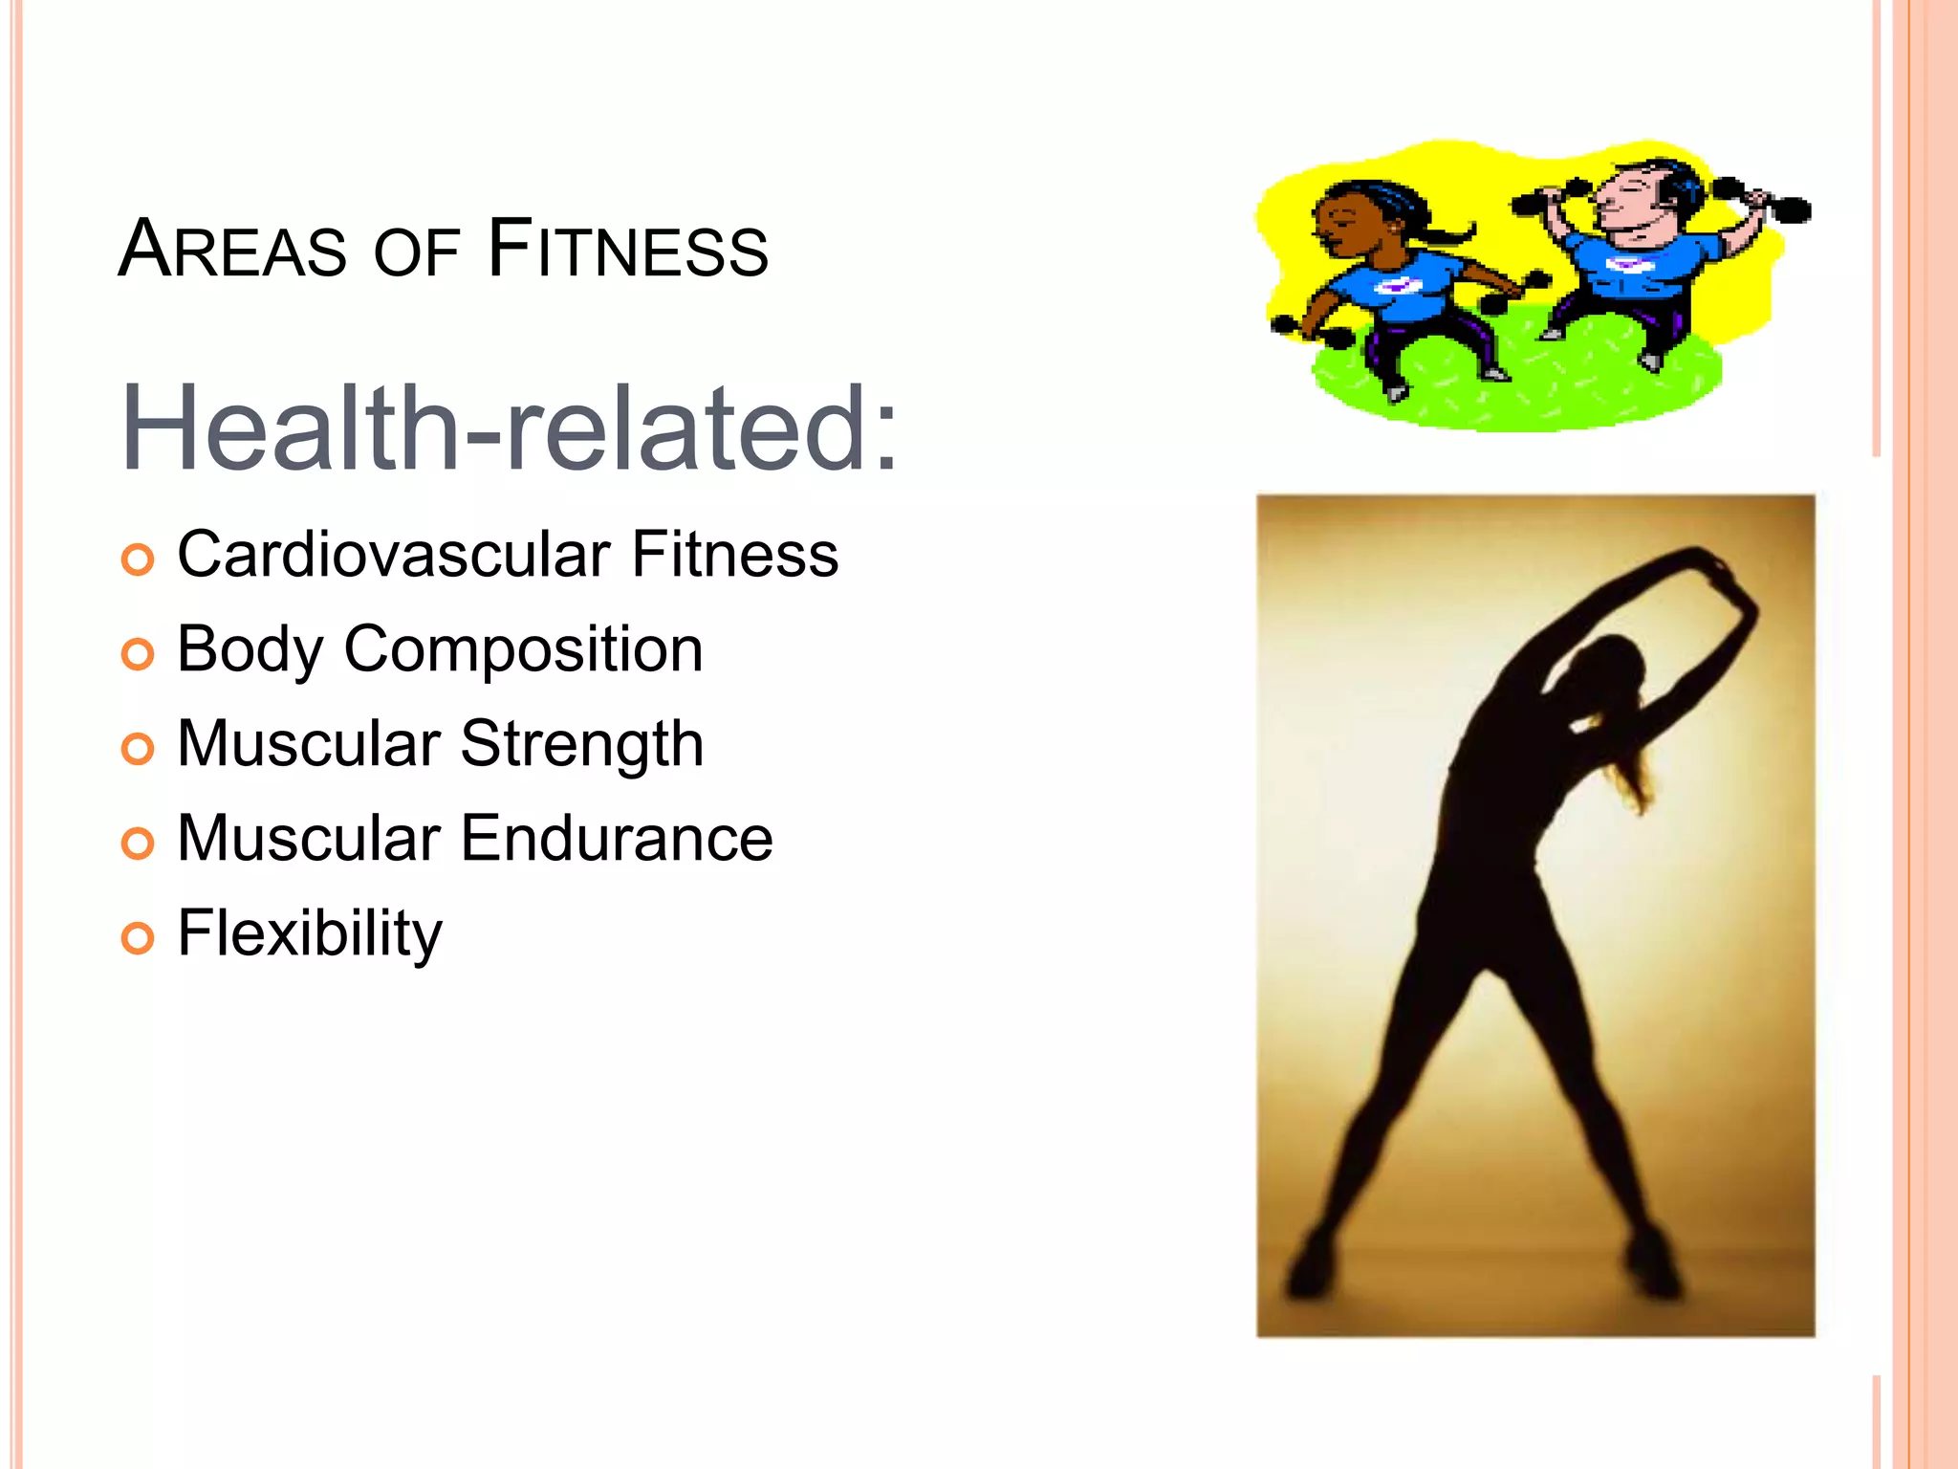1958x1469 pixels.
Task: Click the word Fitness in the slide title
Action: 627,250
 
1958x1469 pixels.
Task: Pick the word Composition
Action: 523,649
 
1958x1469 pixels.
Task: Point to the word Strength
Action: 582,744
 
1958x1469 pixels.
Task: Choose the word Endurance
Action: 617,839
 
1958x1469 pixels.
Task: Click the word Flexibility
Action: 310,933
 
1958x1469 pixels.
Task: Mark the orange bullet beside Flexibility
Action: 138,938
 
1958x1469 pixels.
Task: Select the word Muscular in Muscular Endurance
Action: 309,839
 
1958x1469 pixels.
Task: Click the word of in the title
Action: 417,252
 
